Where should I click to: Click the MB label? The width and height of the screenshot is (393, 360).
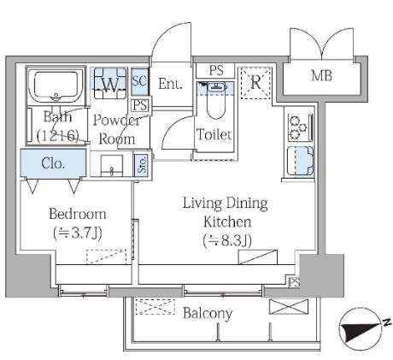321,76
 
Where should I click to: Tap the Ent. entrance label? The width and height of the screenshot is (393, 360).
170,84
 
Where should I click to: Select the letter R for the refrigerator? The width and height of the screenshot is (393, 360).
255,82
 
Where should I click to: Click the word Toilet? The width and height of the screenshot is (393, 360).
214,134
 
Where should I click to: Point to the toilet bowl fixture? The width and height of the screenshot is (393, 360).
216,100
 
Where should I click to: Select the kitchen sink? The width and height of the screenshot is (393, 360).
301,161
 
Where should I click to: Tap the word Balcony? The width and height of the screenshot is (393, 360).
208,314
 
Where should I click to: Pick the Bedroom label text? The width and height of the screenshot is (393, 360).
78,214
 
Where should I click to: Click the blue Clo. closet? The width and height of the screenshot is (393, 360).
53,163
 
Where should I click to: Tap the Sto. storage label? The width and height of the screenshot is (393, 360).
142,165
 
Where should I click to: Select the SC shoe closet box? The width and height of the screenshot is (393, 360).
140,81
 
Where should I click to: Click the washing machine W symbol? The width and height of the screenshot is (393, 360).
110,84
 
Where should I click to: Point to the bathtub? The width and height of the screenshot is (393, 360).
56,86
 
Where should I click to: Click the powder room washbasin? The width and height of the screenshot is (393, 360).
112,166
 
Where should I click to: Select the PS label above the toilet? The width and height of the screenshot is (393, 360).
216,70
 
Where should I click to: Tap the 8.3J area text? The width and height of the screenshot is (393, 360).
227,241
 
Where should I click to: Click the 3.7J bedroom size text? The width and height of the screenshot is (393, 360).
78,233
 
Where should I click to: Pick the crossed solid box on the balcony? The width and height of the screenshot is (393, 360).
289,306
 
